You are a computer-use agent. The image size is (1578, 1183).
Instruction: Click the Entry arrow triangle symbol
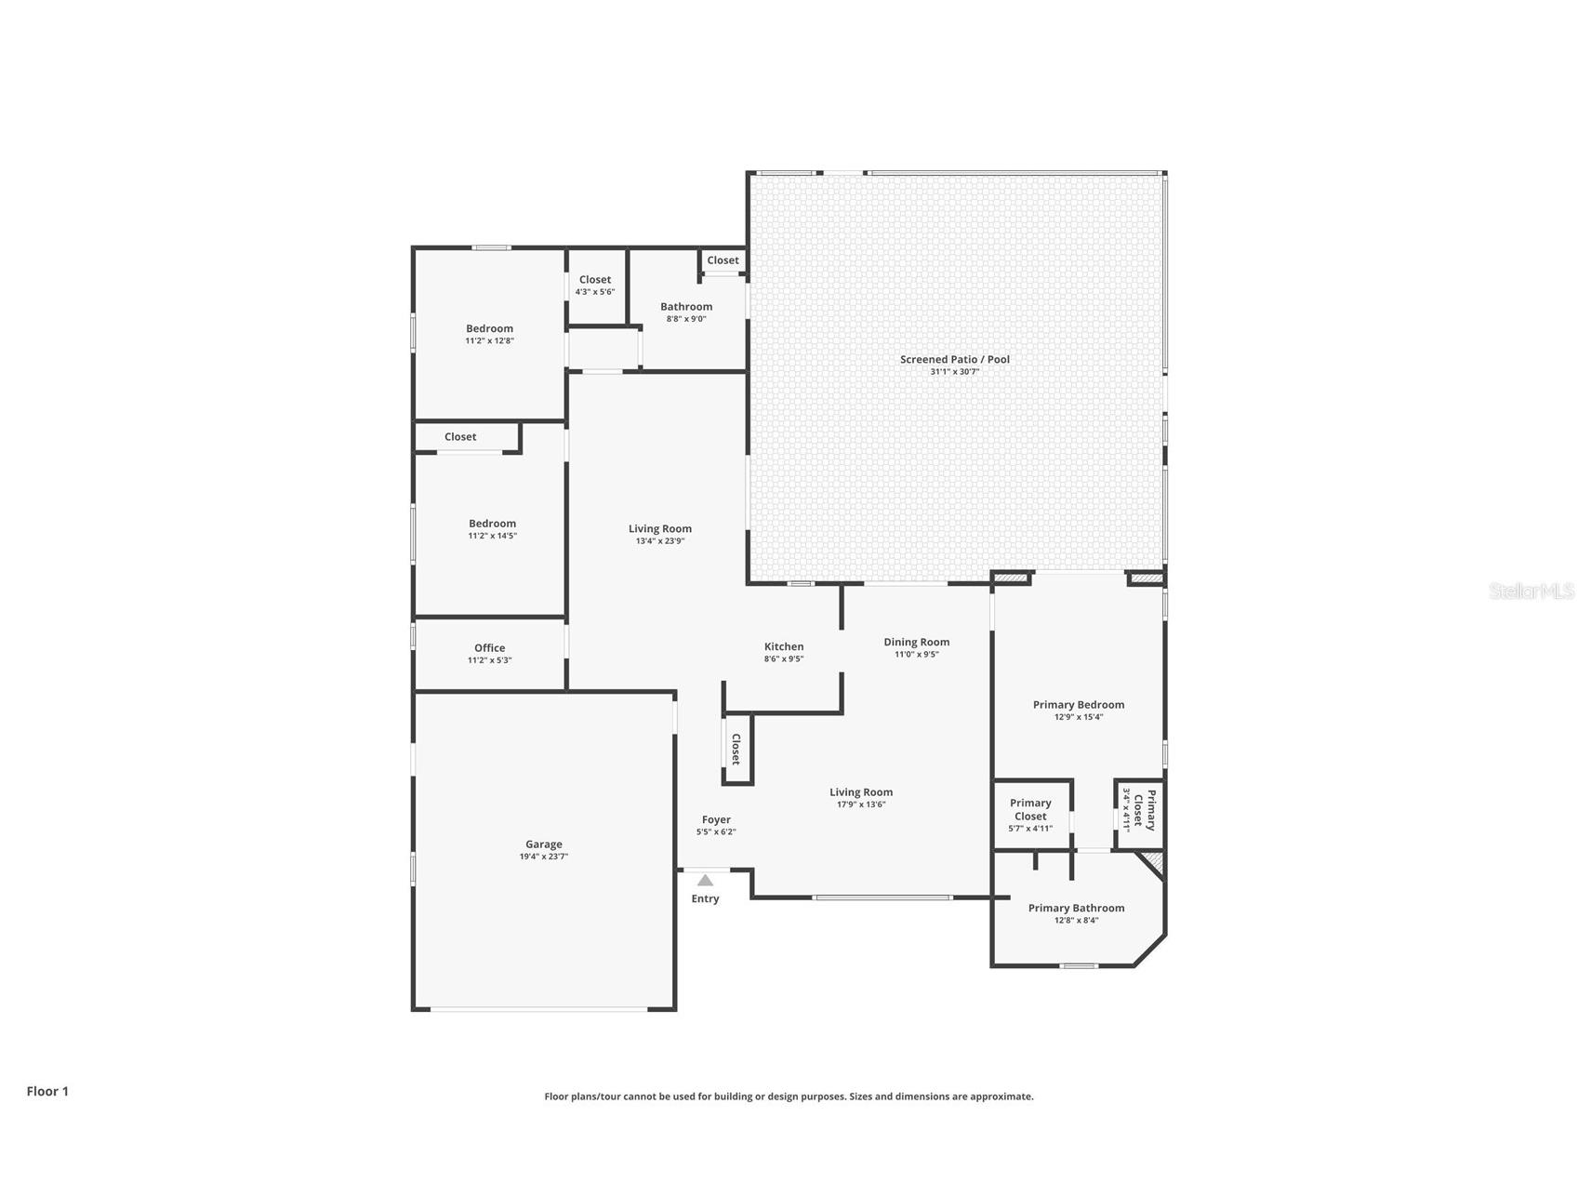705,880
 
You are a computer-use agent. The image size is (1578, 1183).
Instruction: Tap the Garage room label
543,844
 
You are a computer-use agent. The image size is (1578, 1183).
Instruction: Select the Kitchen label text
784,646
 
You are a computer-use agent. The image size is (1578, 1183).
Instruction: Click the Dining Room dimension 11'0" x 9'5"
916,655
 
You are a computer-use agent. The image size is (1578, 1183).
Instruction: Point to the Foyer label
716,819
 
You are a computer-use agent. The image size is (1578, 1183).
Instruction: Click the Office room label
489,648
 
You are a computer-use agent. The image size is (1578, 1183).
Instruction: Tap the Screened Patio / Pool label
954,359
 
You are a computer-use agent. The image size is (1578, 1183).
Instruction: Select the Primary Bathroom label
1076,908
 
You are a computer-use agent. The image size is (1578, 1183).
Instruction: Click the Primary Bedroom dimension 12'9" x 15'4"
1079,717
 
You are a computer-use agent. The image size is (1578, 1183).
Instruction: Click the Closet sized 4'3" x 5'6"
595,280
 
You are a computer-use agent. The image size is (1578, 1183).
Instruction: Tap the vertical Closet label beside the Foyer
736,749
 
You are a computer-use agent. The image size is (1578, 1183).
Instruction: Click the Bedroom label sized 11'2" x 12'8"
489,328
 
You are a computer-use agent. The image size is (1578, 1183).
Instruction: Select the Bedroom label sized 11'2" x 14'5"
492,524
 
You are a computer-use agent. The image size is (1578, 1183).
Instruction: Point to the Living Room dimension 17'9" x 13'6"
861,804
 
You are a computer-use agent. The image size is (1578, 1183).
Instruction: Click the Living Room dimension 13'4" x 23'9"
660,541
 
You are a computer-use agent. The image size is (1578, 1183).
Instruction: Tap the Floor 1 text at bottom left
47,1091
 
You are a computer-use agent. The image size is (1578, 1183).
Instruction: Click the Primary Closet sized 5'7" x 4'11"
1030,809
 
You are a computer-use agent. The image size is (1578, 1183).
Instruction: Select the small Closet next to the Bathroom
723,260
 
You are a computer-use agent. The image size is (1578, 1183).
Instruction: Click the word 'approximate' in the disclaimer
1001,1097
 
